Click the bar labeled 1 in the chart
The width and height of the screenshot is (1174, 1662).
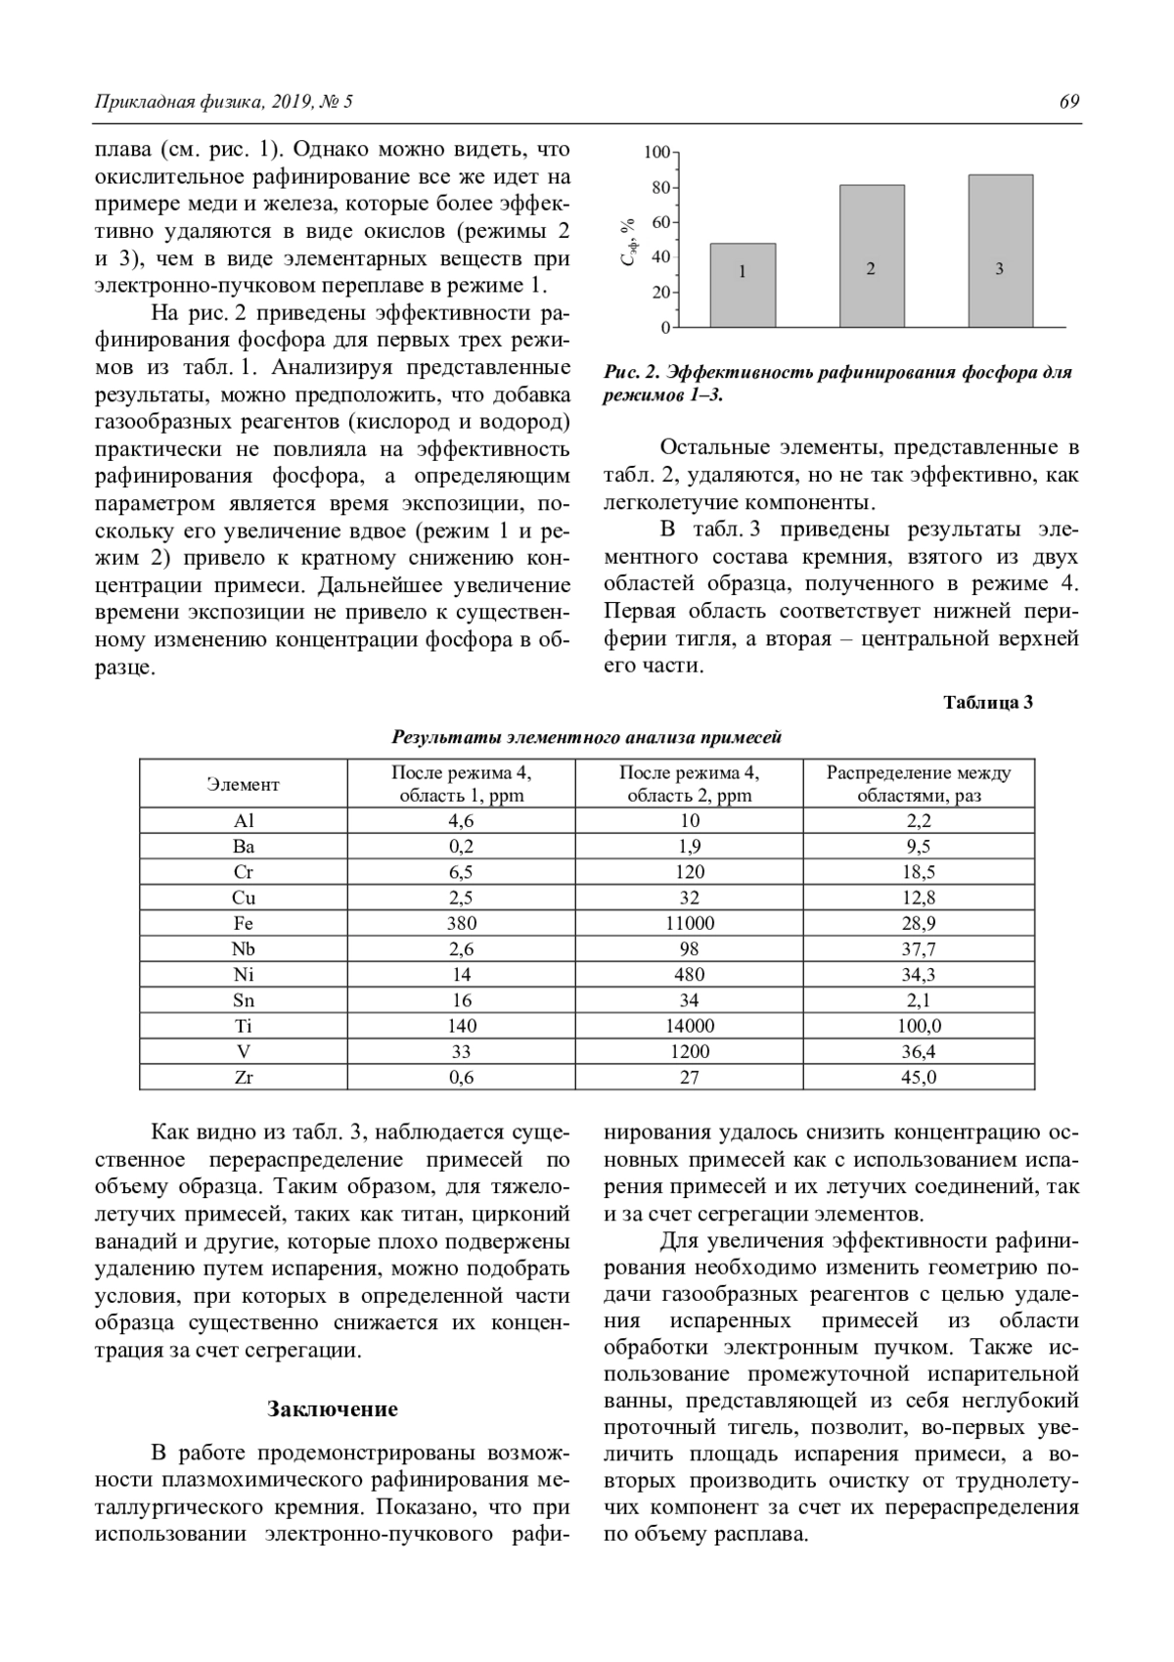click(743, 284)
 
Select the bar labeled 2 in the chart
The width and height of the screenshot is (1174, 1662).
click(871, 255)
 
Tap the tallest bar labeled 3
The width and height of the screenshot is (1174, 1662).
click(1000, 251)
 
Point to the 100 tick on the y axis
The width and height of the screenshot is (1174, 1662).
click(658, 153)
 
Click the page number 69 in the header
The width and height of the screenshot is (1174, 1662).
click(1068, 102)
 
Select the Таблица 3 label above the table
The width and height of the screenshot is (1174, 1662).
click(988, 703)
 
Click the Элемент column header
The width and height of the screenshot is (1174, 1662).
click(244, 784)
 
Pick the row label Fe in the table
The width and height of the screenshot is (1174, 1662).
click(244, 923)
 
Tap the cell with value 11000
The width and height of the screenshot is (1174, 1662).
click(689, 923)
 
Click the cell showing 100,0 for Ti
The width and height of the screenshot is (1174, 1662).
click(918, 1026)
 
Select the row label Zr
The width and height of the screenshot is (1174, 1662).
click(244, 1077)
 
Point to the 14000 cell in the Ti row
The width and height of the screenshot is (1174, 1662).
click(689, 1026)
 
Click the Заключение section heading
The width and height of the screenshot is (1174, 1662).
click(333, 1409)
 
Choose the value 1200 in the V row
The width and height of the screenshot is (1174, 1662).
click(689, 1051)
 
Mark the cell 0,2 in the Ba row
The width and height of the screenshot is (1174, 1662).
click(461, 847)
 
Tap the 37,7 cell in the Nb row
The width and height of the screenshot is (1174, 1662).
click(918, 948)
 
